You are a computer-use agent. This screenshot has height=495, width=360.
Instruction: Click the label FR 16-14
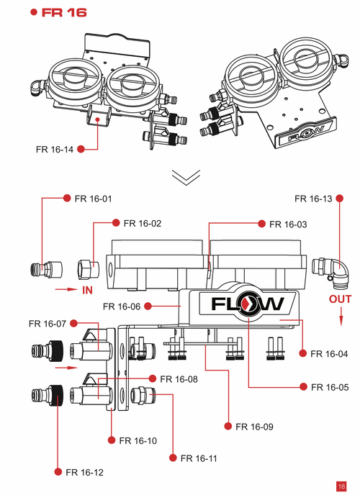pos(55,150)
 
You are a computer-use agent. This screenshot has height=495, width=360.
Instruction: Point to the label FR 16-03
pos(288,224)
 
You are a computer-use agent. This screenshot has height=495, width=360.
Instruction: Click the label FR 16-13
pos(315,197)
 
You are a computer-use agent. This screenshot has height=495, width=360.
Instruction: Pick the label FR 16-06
pos(122,306)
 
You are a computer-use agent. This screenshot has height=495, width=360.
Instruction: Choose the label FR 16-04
pos(330,353)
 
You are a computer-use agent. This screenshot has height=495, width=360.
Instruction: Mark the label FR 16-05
pos(330,387)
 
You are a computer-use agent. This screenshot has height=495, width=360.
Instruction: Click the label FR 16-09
pos(254,427)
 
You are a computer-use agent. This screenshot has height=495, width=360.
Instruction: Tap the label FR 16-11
pos(199,458)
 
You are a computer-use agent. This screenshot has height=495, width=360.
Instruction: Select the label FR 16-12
pos(84,472)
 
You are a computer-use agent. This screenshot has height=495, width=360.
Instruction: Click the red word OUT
pos(341,298)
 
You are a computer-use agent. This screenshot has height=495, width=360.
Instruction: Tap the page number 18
pos(341,485)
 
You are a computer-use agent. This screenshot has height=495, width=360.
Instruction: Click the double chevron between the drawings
pos(185,177)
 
